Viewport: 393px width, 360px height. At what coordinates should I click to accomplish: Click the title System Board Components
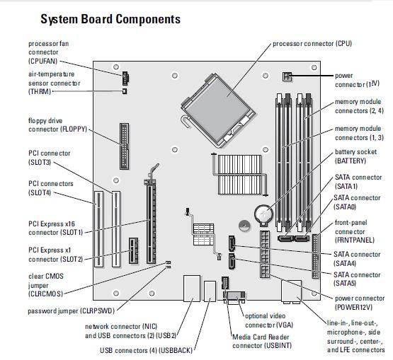(x=110, y=19)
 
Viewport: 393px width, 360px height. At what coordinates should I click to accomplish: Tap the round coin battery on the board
(x=263, y=214)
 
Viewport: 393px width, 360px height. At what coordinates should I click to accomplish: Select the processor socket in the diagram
(x=218, y=110)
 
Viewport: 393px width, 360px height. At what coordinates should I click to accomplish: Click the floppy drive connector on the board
(x=125, y=146)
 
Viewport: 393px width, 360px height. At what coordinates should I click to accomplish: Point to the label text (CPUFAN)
(x=43, y=61)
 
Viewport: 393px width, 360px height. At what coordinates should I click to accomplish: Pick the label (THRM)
(x=40, y=91)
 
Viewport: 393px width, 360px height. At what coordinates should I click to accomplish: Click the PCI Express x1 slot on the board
(x=133, y=250)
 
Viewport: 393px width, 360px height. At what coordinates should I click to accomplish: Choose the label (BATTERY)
(x=351, y=161)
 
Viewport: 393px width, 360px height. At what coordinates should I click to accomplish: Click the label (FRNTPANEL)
(x=355, y=240)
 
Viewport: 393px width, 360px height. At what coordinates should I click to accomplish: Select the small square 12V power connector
(x=287, y=76)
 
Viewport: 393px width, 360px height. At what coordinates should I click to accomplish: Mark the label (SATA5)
(x=345, y=284)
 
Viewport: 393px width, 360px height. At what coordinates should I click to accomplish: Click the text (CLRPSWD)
(x=97, y=311)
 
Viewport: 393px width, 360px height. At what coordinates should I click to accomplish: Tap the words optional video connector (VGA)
(x=269, y=320)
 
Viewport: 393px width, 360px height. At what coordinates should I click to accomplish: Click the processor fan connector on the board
(x=125, y=78)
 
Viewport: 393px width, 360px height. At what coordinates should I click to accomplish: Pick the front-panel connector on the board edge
(x=316, y=256)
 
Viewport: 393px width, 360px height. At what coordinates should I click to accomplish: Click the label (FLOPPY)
(x=74, y=129)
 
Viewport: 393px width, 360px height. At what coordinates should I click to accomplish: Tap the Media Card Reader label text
(x=261, y=337)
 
